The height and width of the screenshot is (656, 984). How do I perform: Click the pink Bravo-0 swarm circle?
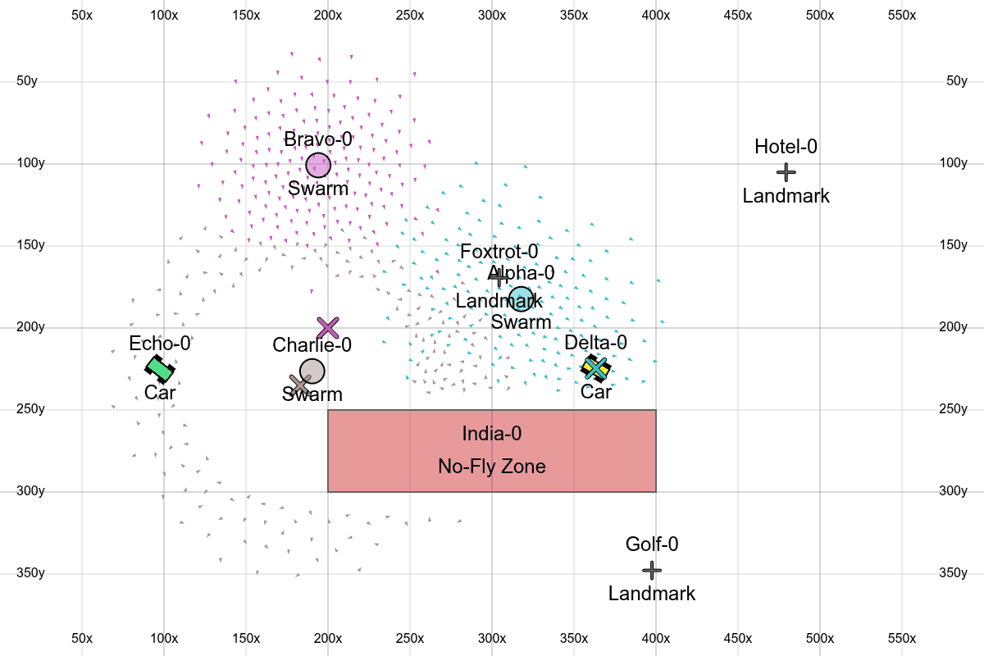(x=318, y=166)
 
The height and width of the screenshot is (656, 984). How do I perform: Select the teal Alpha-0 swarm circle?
(x=522, y=299)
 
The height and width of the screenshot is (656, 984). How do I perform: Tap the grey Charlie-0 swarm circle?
(x=312, y=371)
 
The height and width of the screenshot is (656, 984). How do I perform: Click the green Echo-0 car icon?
(x=160, y=369)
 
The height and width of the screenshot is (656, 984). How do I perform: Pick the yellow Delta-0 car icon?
(x=596, y=368)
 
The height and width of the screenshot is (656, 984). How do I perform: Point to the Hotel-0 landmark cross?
(x=786, y=172)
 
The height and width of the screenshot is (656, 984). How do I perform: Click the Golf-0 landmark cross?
(x=652, y=570)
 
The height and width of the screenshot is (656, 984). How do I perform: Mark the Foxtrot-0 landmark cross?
(x=499, y=277)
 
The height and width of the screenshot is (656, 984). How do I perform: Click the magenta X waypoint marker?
(x=328, y=328)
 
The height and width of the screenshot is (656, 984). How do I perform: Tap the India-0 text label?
(x=492, y=434)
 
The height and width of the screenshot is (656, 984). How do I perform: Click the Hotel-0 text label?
(x=786, y=147)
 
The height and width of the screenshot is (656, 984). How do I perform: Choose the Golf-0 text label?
(x=652, y=544)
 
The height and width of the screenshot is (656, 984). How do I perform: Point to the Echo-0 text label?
(x=160, y=343)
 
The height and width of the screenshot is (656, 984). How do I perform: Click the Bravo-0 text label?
(x=318, y=139)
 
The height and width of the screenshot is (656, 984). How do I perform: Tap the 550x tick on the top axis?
(x=902, y=16)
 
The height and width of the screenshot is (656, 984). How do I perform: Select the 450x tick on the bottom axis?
(x=738, y=638)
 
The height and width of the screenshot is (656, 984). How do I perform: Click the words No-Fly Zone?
(x=492, y=467)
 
